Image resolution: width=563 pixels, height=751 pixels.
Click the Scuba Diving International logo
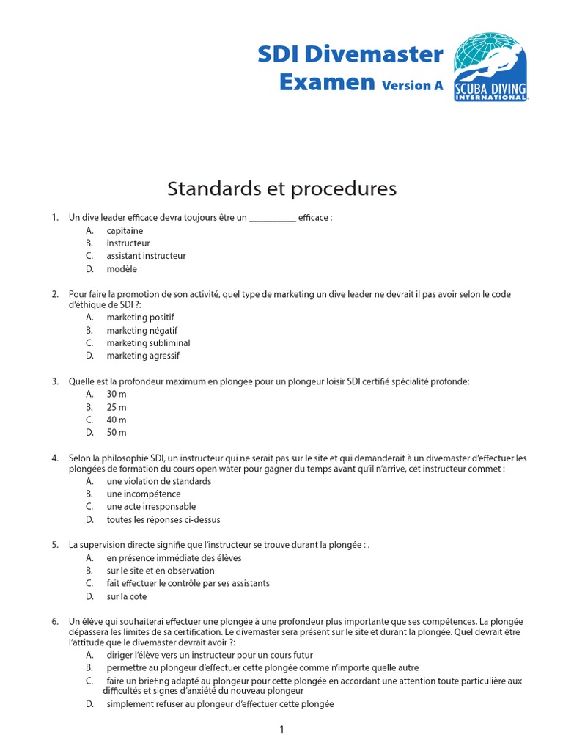coord(490,67)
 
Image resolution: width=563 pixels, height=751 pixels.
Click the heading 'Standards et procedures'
coord(281,188)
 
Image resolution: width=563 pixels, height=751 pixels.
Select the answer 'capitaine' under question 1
coord(125,230)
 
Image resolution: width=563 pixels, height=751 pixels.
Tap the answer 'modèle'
coord(122,269)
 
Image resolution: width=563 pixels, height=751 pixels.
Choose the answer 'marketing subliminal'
coord(148,342)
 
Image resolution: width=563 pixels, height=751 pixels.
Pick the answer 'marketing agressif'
coord(143,356)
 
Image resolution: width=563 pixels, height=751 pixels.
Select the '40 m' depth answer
coord(117,420)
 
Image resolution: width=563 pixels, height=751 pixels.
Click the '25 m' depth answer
coord(117,407)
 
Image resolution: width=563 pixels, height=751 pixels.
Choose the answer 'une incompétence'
coord(144,494)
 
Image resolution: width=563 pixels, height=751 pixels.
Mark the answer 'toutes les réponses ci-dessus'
coord(163,519)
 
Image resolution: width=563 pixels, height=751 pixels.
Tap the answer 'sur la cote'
coord(127,596)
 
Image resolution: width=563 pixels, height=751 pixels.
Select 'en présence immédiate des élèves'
coord(174,557)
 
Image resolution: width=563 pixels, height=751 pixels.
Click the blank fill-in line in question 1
coord(273,219)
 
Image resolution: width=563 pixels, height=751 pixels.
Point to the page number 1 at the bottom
coord(281,730)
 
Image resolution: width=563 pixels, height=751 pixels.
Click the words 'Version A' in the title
coord(412,86)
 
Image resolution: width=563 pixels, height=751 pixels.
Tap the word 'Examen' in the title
coord(327,82)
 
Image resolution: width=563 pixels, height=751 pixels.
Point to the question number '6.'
coord(55,621)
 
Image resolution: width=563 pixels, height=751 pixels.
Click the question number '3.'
coord(55,381)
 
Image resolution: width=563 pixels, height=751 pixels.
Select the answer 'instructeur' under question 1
coord(128,243)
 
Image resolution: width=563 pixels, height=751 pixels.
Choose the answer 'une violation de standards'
coord(158,481)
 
